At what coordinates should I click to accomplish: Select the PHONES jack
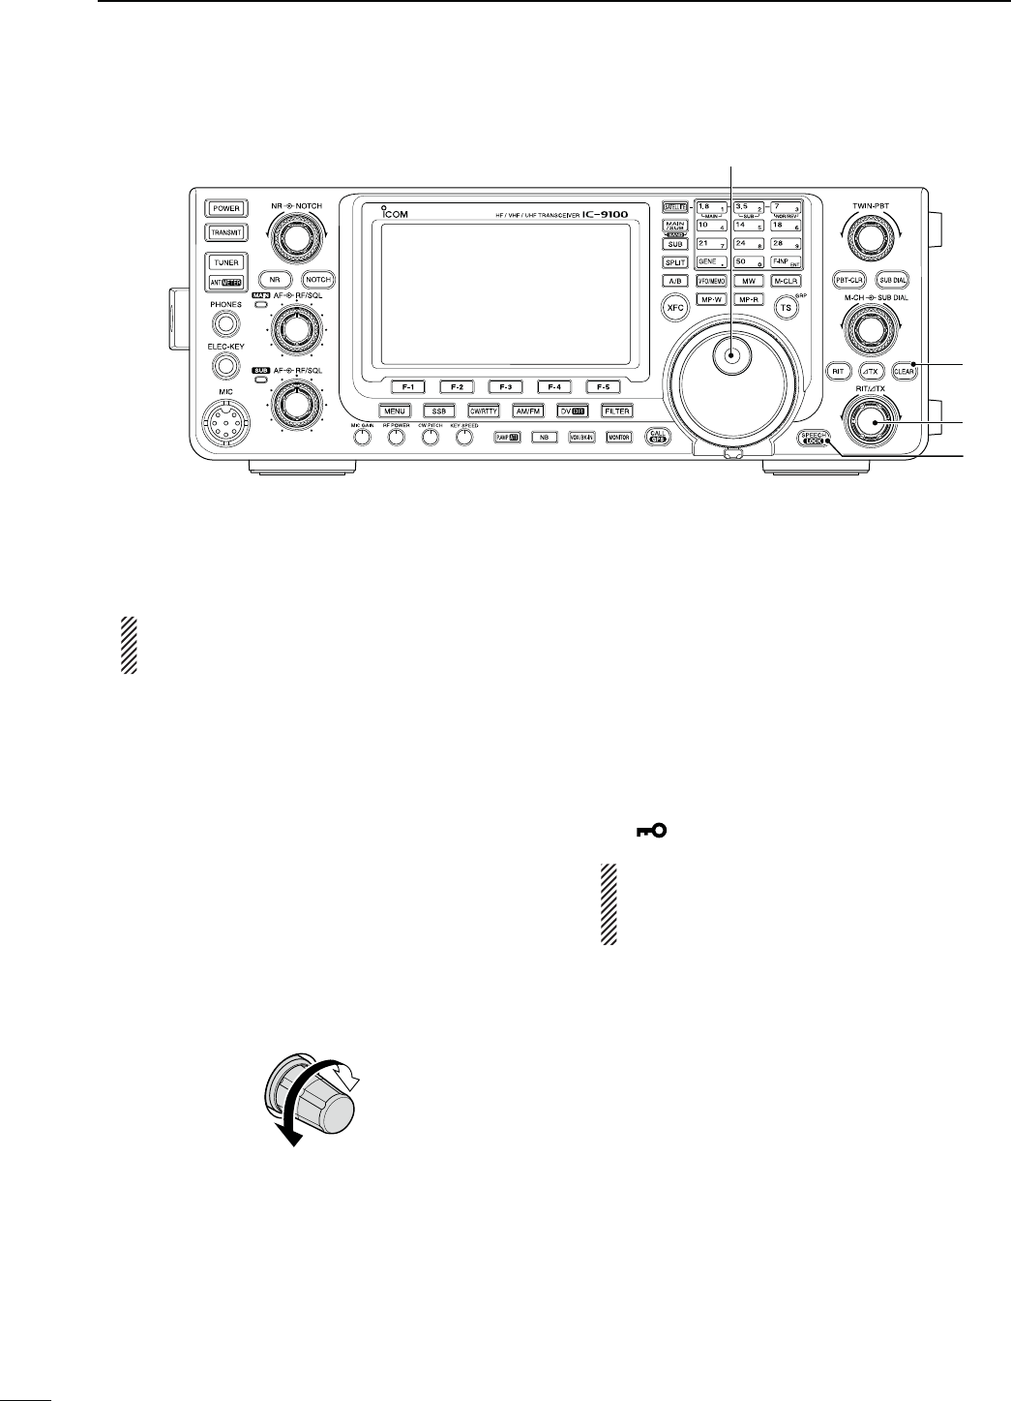pyautogui.click(x=225, y=325)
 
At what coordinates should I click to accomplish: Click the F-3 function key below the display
pyautogui.click(x=505, y=386)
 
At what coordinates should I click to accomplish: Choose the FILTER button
pyautogui.click(x=617, y=411)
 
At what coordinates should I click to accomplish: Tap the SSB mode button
pyautogui.click(x=438, y=411)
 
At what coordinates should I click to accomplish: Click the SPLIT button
pyautogui.click(x=674, y=263)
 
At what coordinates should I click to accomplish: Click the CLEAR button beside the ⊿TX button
pyautogui.click(x=906, y=369)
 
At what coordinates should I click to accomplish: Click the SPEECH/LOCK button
pyautogui.click(x=816, y=438)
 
